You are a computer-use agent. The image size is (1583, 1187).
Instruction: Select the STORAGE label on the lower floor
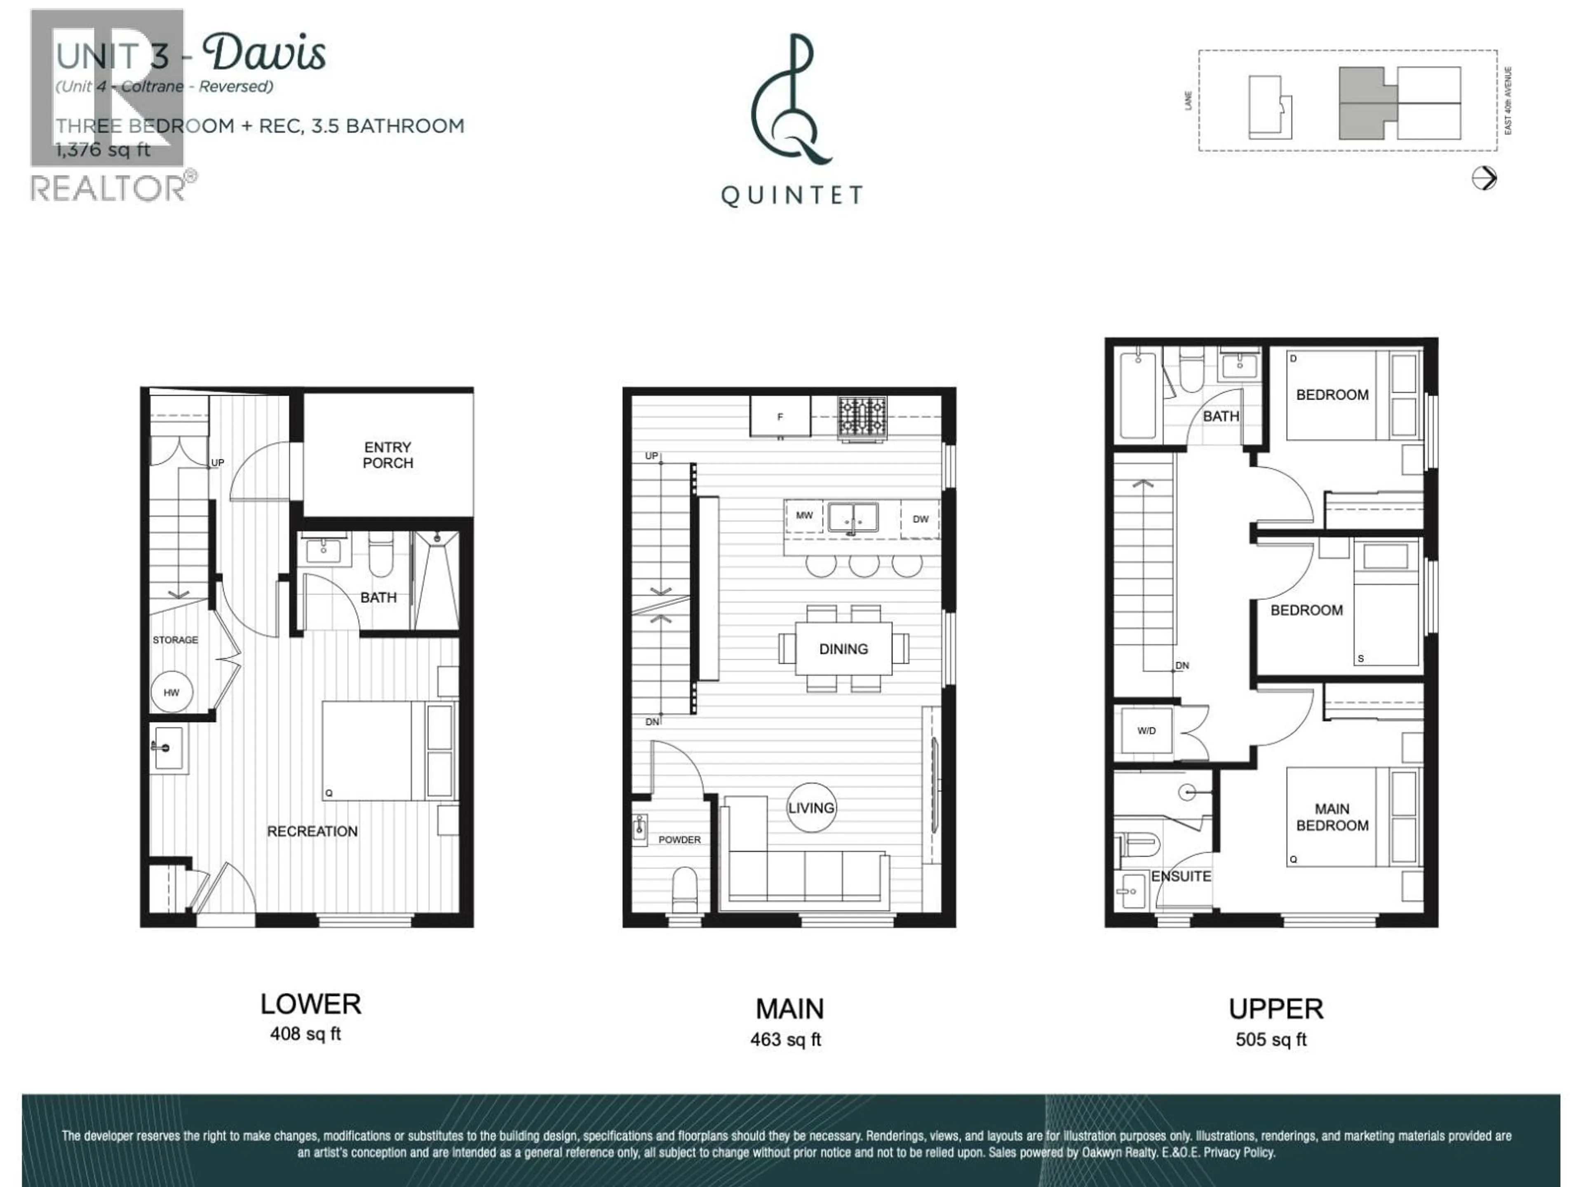[175, 640]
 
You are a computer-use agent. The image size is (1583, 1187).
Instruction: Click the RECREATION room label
[312, 830]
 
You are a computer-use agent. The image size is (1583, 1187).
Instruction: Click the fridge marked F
[780, 416]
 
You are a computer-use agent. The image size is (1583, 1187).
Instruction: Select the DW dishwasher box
[920, 519]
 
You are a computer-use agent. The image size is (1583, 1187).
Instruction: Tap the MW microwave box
[804, 515]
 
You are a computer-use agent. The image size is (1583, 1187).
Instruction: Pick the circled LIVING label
[811, 808]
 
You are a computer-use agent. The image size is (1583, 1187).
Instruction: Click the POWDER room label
[679, 839]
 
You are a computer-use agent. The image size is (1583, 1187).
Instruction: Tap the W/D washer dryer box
[1146, 730]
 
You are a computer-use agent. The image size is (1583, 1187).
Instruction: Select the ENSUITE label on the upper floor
[1181, 876]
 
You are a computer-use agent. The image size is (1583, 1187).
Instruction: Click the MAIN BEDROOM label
[1332, 816]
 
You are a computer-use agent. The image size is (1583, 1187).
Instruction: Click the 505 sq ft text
[1271, 1039]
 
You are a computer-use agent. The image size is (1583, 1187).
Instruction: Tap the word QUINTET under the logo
[791, 195]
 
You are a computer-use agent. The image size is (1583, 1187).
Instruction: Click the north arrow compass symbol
[1484, 178]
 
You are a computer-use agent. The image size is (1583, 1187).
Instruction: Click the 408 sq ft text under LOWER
[305, 1034]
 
